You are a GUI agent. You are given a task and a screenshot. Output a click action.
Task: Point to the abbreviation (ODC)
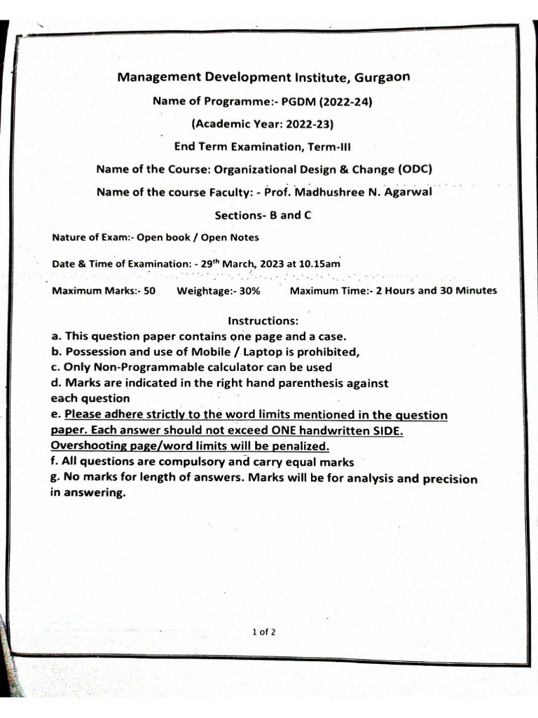tap(415, 169)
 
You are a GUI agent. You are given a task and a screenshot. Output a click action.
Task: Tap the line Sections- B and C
tap(262, 215)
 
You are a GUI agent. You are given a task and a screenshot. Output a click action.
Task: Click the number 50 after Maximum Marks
tap(149, 291)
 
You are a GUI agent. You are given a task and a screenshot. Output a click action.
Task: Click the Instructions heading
tap(264, 321)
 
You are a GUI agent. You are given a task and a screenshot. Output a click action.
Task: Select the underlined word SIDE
tap(386, 431)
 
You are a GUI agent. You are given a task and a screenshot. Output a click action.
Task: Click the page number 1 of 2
tap(264, 632)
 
